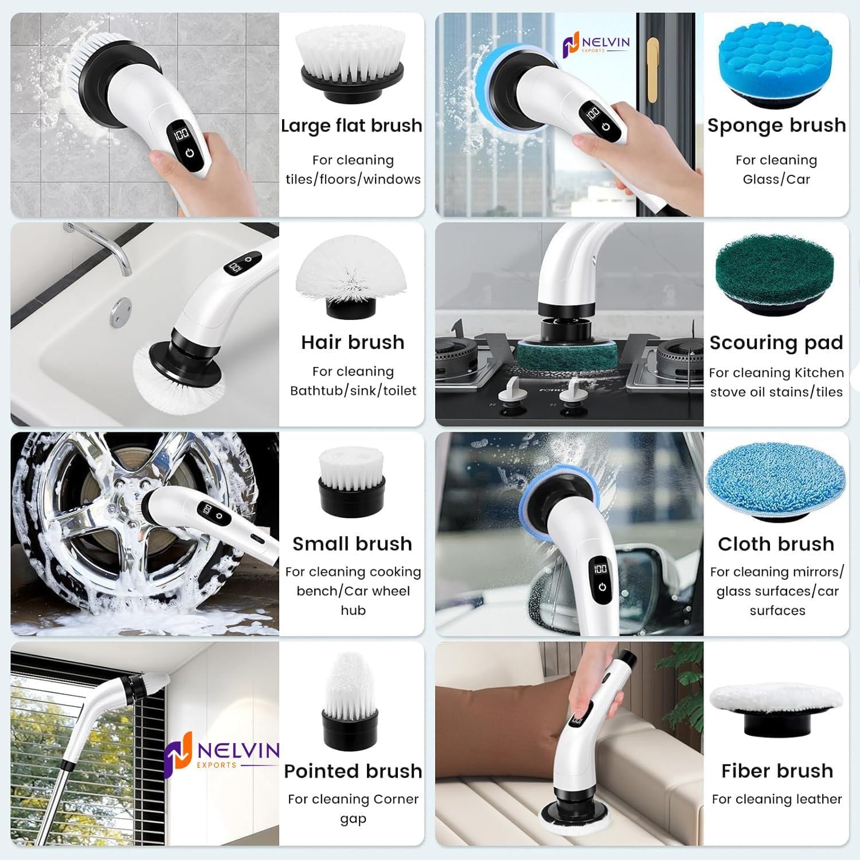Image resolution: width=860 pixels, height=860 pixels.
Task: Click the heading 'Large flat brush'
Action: pyautogui.click(x=351, y=126)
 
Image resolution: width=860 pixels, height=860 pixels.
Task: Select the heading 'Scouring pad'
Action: pyautogui.click(x=776, y=342)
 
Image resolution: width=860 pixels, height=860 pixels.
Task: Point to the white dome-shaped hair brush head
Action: pyautogui.click(x=351, y=269)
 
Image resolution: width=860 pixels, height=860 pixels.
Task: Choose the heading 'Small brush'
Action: pyautogui.click(x=352, y=544)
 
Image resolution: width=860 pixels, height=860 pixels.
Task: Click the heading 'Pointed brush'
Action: pyautogui.click(x=353, y=771)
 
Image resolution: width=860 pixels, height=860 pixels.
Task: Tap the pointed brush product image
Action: pyautogui.click(x=350, y=700)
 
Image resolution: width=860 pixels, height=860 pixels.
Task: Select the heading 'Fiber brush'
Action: pyautogui.click(x=777, y=771)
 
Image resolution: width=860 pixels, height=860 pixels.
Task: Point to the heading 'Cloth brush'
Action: pyautogui.click(x=776, y=544)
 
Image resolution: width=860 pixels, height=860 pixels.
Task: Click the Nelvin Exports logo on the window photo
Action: pyautogui.click(x=221, y=751)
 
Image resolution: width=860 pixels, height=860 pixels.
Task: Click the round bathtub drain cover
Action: pyautogui.click(x=120, y=312)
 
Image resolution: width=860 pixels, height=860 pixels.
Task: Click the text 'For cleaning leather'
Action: pyautogui.click(x=777, y=799)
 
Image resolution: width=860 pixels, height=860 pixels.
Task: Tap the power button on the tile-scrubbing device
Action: pyautogui.click(x=190, y=154)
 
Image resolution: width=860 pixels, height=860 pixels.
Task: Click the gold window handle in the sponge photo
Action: pyautogui.click(x=653, y=69)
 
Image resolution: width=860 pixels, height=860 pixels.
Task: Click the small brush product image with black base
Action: pyautogui.click(x=351, y=480)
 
